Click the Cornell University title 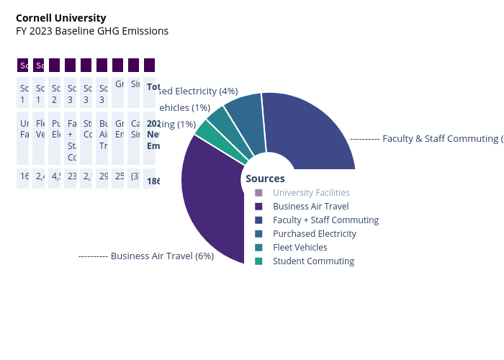tap(60, 18)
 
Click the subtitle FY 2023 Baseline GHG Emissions tap(92, 31)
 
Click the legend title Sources tap(265, 179)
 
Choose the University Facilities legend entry tap(311, 193)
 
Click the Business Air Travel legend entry tap(310, 207)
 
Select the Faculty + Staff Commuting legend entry tap(325, 220)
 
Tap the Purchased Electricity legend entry tap(315, 234)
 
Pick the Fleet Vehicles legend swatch tap(258, 248)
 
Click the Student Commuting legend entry tap(313, 261)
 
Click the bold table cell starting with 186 tap(150, 181)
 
